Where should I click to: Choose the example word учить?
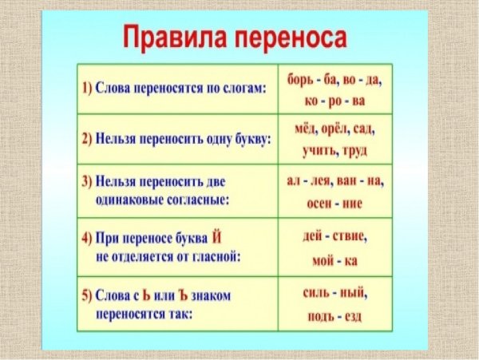[x=320, y=149]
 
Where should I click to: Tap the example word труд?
[x=358, y=149]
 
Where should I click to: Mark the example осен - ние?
[x=335, y=204]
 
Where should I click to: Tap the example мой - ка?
[x=335, y=260]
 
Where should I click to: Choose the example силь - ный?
[x=335, y=294]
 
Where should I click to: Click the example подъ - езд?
[x=335, y=317]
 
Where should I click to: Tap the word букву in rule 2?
[x=249, y=138]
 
